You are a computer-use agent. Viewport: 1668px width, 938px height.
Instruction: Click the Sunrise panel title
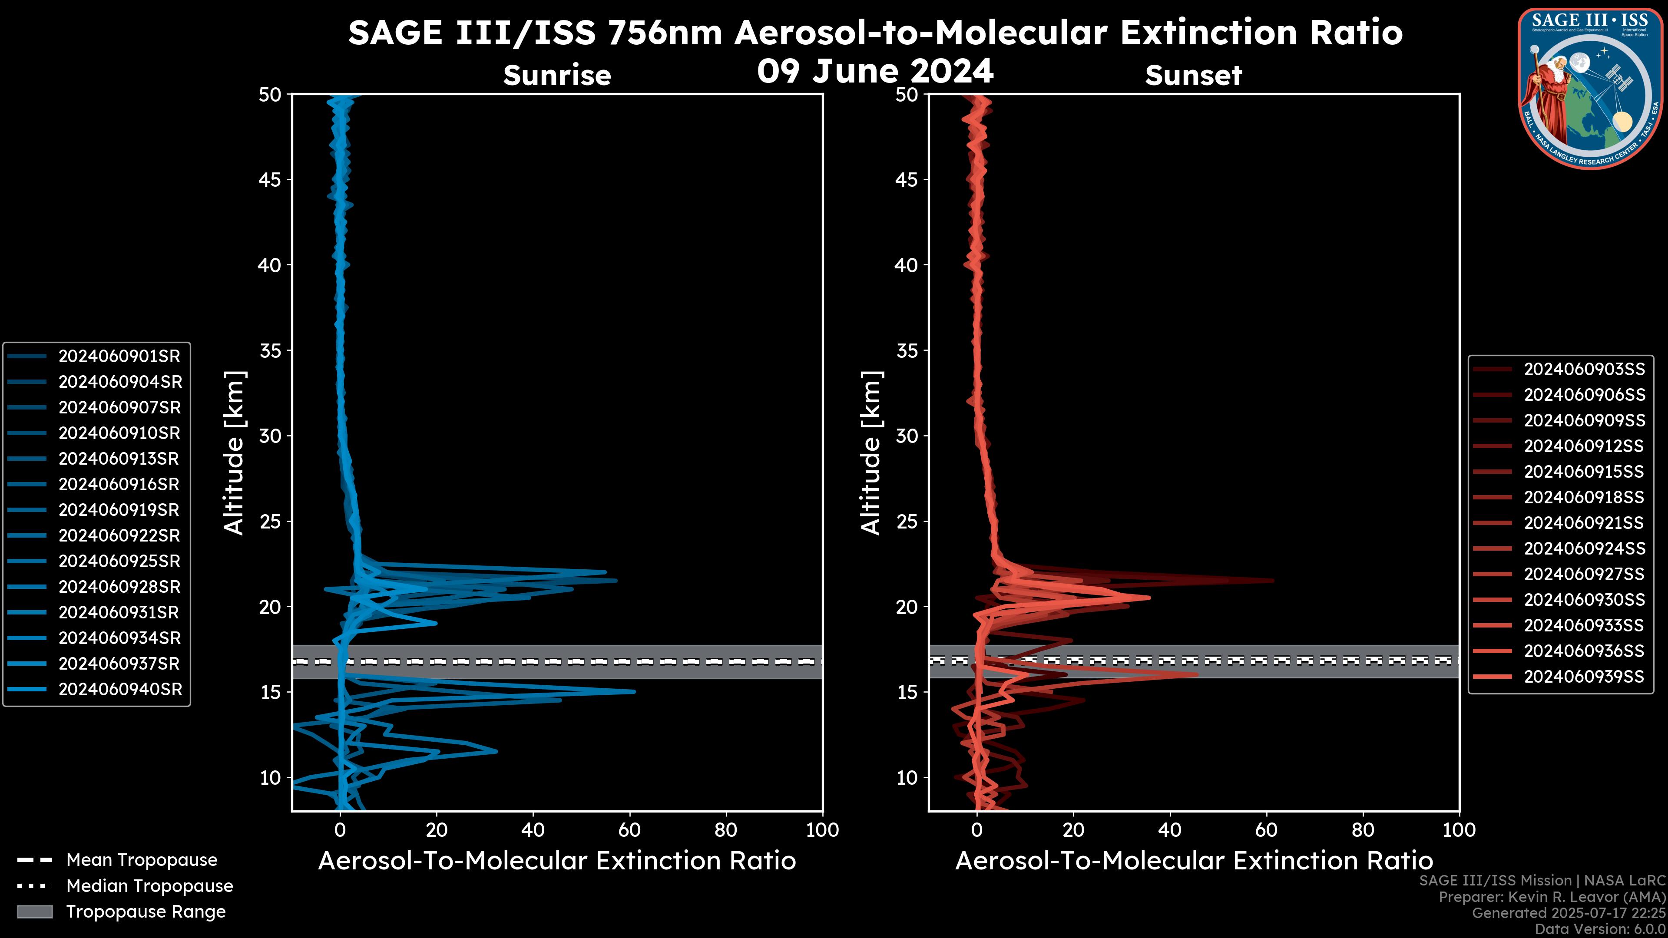tap(557, 75)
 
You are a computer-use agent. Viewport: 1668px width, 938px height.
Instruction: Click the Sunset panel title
tap(1193, 75)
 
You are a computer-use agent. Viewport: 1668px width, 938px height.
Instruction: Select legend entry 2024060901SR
tap(119, 356)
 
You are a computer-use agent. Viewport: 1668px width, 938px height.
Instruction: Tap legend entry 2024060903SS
tap(1584, 369)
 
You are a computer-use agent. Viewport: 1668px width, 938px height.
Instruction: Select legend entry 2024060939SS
tap(1584, 677)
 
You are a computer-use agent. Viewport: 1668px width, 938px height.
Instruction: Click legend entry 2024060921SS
tap(1584, 522)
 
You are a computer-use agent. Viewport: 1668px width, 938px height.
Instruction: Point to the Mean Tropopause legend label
tap(142, 860)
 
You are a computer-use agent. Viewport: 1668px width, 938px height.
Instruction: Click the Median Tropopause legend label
tap(149, 885)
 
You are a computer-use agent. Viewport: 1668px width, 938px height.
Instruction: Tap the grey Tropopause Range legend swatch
tap(35, 912)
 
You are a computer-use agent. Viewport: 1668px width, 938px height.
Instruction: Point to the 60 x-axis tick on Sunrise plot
tap(629, 830)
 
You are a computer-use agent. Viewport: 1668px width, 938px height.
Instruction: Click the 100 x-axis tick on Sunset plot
tap(1459, 830)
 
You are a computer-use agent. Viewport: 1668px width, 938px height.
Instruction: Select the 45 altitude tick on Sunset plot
tap(907, 179)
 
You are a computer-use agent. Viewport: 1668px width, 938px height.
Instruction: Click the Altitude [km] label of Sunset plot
tap(871, 453)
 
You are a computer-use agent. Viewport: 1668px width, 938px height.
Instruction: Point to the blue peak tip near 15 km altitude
tap(635, 691)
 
